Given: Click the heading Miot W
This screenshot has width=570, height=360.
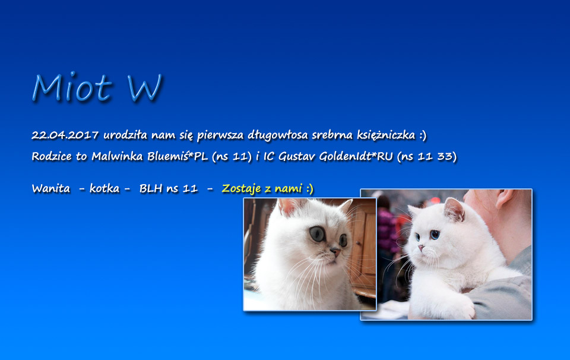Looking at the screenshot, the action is [x=97, y=87].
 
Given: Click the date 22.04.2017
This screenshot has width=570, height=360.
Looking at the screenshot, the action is [x=65, y=135].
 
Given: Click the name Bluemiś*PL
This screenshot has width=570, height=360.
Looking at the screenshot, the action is [x=178, y=156].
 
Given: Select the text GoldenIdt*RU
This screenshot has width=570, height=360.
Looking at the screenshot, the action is [x=356, y=156].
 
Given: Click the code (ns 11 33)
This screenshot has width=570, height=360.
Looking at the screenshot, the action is [x=427, y=157].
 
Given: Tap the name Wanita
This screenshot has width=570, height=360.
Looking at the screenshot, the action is [x=51, y=188].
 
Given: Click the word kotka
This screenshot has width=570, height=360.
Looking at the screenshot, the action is [x=104, y=188].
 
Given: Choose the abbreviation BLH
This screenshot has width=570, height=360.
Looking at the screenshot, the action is [x=150, y=188].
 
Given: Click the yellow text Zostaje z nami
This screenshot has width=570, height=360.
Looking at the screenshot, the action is [x=262, y=189].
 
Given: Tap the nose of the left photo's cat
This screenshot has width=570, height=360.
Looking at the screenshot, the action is [x=335, y=252].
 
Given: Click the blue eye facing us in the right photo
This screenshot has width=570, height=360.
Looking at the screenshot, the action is [x=435, y=235].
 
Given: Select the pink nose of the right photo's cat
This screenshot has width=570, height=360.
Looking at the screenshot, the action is [x=421, y=248].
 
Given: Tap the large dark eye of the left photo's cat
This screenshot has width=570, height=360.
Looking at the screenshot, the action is [x=317, y=234].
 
